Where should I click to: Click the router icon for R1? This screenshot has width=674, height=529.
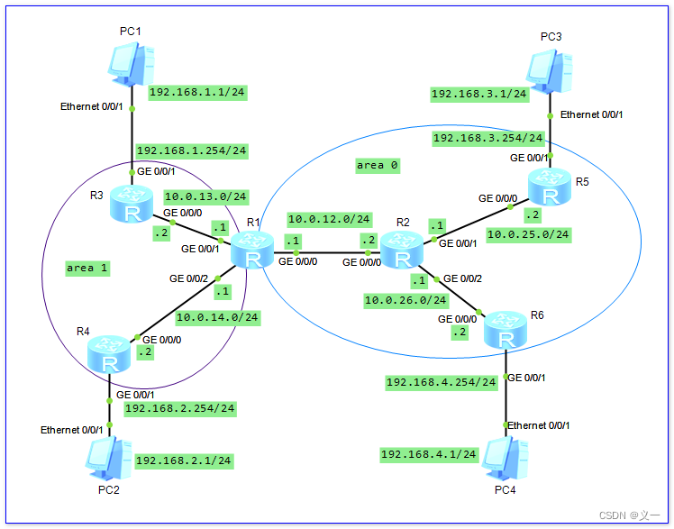(253, 250)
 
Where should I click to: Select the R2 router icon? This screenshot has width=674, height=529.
(401, 250)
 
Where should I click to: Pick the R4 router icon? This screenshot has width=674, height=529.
(110, 353)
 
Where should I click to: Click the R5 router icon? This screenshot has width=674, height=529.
(551, 187)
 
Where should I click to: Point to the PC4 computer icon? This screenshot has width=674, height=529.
(505, 457)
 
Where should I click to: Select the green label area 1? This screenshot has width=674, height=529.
(87, 268)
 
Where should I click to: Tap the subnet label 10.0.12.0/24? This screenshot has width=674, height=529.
(328, 219)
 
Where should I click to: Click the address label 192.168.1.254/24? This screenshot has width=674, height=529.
(191, 150)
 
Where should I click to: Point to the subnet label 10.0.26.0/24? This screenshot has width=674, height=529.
(405, 299)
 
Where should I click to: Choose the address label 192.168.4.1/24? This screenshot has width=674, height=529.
(428, 454)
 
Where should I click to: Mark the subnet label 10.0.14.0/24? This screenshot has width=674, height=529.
(216, 317)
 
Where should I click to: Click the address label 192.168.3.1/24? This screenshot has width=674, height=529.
(478, 94)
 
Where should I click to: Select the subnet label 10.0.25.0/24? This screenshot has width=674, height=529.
(527, 234)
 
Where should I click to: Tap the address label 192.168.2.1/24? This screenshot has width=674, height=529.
(183, 461)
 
